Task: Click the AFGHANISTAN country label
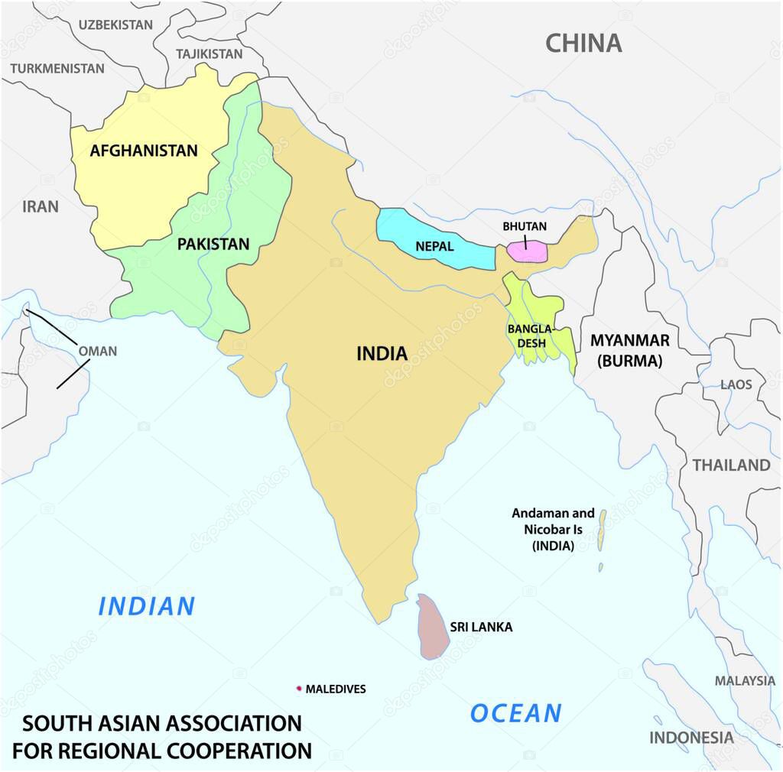click(x=144, y=151)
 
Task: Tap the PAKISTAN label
click(x=213, y=245)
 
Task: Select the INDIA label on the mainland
click(x=382, y=354)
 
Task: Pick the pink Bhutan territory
click(x=528, y=252)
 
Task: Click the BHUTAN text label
click(x=525, y=227)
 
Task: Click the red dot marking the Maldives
click(x=299, y=689)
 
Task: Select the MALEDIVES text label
click(x=336, y=689)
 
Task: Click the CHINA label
click(x=583, y=44)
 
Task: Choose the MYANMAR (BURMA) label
click(x=629, y=351)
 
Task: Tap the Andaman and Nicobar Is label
click(x=553, y=530)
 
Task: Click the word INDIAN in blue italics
click(x=147, y=606)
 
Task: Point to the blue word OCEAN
click(x=516, y=713)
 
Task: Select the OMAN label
click(x=98, y=352)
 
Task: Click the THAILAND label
click(x=731, y=465)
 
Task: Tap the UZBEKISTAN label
click(x=115, y=24)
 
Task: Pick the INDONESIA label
click(x=691, y=738)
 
